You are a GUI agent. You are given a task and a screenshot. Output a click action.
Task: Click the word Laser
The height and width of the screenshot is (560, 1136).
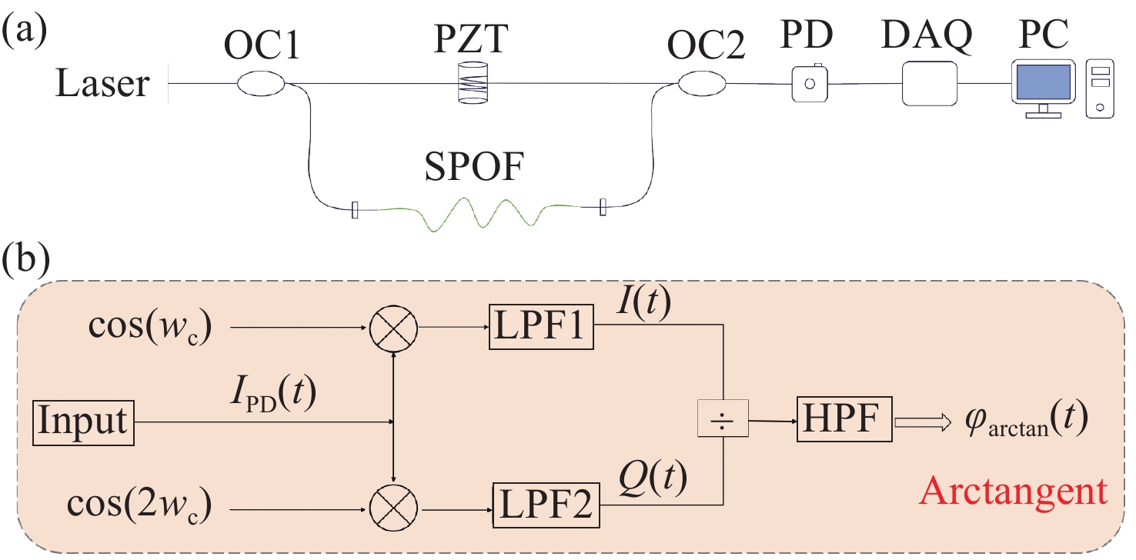tap(102, 83)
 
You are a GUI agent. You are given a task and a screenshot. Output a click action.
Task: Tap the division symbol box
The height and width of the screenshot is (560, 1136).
tap(723, 421)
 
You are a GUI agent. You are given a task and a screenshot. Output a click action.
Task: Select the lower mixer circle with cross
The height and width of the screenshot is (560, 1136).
tap(394, 507)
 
